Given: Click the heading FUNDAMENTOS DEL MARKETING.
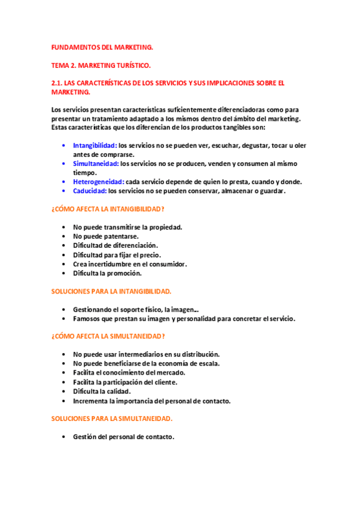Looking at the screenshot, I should pos(102,46).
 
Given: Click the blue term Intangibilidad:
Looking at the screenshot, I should pos(95,145).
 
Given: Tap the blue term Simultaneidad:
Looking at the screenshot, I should pos(96,164).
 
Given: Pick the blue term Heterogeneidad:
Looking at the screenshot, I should pos(99,182).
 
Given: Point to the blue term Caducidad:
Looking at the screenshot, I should pos(90,191).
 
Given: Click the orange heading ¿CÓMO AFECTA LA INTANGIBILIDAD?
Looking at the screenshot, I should pos(108,209).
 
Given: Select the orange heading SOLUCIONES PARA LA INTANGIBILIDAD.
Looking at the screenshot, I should pos(111,291).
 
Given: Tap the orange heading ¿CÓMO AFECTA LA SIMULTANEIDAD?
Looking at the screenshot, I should pos(108,336).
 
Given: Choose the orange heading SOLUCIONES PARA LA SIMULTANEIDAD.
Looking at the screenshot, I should pos(112,418).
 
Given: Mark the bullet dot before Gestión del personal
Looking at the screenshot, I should pos(64,437).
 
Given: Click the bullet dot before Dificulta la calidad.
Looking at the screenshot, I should pos(64,392).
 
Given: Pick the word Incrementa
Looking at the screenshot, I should pos(93,401).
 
